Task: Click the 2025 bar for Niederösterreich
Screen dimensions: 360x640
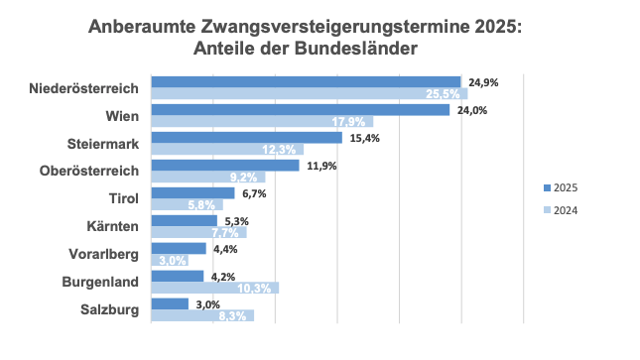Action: point(306,82)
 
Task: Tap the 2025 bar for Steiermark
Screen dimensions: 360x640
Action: point(246,138)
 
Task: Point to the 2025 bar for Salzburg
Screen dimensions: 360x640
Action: point(169,303)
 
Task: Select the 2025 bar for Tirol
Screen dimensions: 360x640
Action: point(192,193)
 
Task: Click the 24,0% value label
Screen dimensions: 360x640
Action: point(471,110)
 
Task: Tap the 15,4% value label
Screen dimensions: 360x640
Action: point(363,138)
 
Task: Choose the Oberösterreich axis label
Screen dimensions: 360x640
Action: point(89,172)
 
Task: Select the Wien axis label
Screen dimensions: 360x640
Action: point(122,116)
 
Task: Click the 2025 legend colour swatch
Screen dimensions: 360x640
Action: point(547,187)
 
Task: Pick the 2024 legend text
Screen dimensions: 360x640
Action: point(566,209)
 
